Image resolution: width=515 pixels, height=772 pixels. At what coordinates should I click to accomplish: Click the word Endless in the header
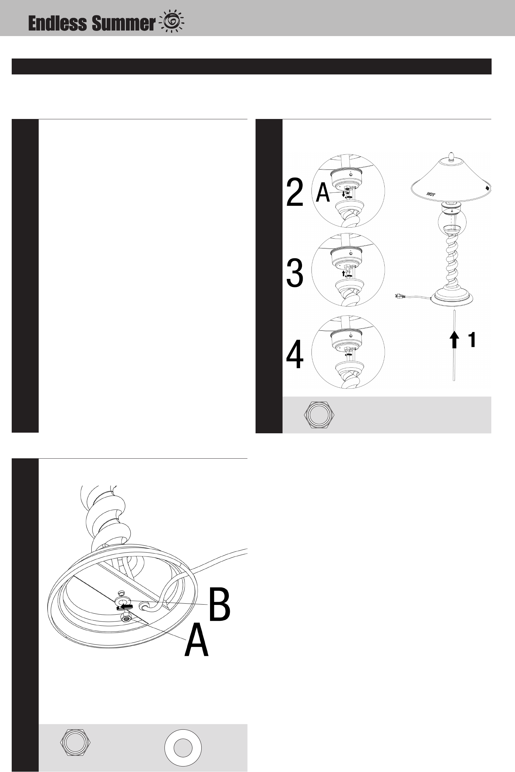click(58, 24)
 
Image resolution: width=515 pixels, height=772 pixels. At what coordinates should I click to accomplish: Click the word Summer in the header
click(123, 24)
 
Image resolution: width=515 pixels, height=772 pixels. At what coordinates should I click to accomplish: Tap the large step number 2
click(295, 193)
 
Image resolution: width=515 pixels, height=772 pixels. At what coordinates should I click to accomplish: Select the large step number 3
click(295, 273)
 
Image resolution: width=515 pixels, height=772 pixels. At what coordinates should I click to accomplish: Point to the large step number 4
click(295, 355)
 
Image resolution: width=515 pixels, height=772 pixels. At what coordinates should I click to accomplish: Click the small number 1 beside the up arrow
click(472, 340)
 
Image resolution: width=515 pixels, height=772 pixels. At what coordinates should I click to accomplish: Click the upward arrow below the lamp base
click(454, 340)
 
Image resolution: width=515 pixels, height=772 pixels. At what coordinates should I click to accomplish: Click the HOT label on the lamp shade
click(431, 194)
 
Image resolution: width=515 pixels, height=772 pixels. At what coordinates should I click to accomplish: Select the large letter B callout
click(219, 605)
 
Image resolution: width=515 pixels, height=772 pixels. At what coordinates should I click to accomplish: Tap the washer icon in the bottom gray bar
click(183, 748)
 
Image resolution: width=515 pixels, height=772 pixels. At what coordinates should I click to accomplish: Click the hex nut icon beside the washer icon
click(75, 742)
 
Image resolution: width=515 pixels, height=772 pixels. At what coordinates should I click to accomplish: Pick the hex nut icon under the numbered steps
click(319, 415)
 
